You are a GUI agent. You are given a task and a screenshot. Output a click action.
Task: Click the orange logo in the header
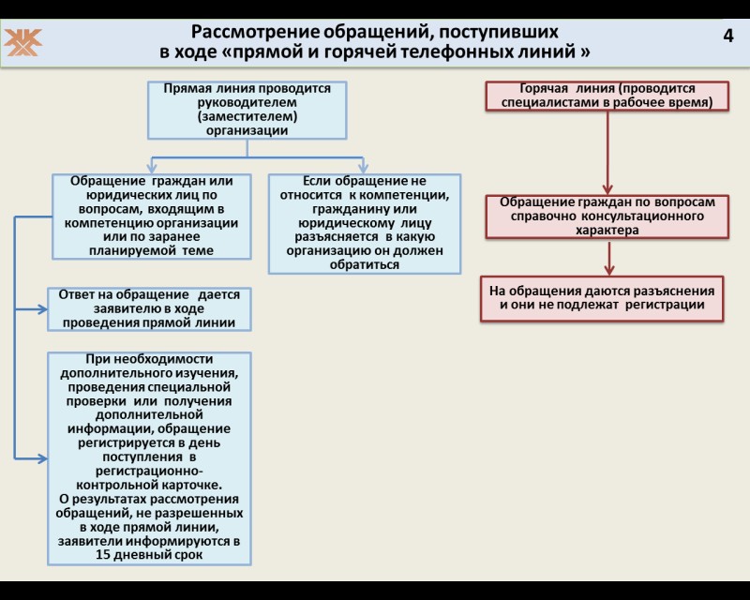(x=24, y=41)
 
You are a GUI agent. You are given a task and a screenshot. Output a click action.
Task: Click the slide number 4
(x=728, y=36)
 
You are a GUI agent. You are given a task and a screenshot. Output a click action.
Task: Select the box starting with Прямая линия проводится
(x=247, y=110)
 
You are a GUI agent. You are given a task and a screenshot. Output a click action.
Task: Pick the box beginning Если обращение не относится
(x=365, y=223)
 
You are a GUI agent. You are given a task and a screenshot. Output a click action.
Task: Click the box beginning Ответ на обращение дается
(x=149, y=308)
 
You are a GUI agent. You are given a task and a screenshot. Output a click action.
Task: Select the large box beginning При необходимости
(x=149, y=457)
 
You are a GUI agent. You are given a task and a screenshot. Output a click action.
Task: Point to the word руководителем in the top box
(x=247, y=102)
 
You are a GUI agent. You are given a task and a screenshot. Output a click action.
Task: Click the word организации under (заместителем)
(x=247, y=131)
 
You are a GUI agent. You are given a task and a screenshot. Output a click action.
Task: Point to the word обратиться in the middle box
(x=365, y=264)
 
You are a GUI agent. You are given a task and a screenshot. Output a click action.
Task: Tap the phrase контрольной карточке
(x=149, y=485)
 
